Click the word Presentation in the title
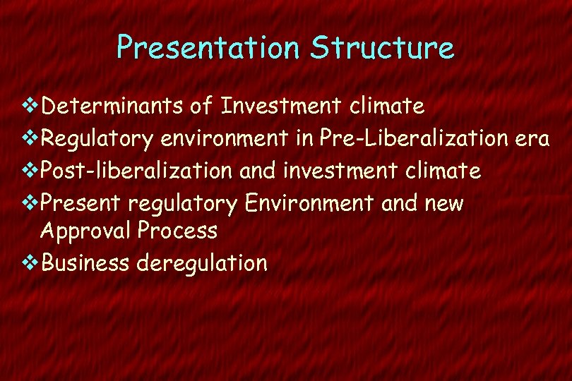[x=208, y=48]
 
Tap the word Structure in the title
[x=382, y=48]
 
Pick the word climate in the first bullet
[x=386, y=107]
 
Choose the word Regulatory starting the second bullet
[x=97, y=139]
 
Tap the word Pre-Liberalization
[x=415, y=138]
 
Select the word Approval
[x=87, y=231]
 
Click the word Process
[x=178, y=230]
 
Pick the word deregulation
[x=202, y=264]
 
